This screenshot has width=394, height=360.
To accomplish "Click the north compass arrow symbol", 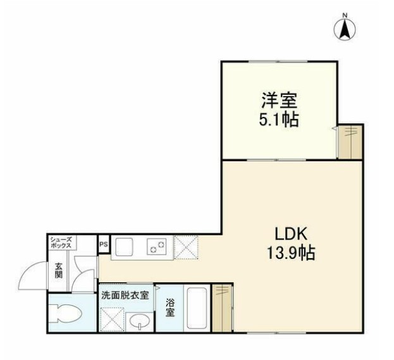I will [x=345, y=28].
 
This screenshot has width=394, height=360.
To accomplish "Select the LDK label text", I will [x=290, y=233].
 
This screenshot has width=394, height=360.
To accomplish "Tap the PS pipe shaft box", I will [x=104, y=242].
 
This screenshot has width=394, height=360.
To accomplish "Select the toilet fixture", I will [x=66, y=313].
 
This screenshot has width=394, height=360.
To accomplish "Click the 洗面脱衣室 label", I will [x=125, y=294].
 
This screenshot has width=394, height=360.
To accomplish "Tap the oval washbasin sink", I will [x=139, y=321].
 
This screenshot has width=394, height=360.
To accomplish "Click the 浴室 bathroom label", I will [x=171, y=307].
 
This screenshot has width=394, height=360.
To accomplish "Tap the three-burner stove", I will [x=157, y=247].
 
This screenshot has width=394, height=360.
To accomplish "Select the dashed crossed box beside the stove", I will [x=186, y=247].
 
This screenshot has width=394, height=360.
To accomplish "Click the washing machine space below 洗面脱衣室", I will [x=113, y=318].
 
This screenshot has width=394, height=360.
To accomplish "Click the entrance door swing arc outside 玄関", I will [x=32, y=276].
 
